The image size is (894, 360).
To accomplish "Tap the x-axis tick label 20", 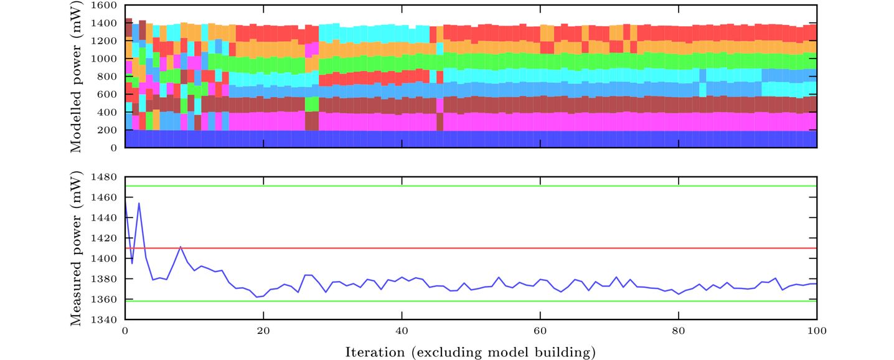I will tap(263, 331).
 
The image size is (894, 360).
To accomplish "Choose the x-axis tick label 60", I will tap(540, 331).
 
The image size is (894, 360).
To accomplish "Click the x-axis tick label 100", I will tap(816, 331).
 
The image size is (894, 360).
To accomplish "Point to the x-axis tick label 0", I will tap(125, 331).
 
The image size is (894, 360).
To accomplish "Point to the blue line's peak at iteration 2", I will tap(139, 203).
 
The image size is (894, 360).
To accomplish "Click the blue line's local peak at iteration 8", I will tap(181, 247).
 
